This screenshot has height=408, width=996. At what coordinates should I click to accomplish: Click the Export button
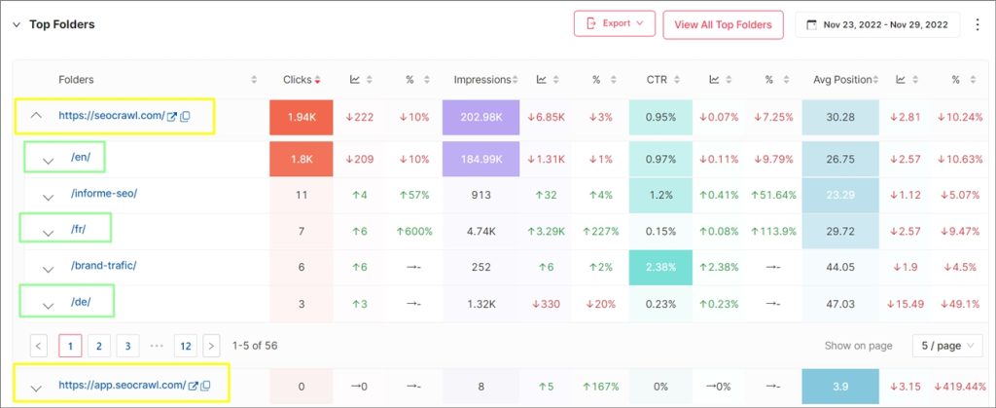(x=614, y=24)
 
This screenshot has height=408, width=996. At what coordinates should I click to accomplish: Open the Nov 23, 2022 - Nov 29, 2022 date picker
(x=876, y=24)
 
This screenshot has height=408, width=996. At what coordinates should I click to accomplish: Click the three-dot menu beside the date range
(x=978, y=24)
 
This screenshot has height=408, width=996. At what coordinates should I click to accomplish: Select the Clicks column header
(x=297, y=79)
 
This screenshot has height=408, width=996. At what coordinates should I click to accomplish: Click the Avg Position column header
(x=843, y=79)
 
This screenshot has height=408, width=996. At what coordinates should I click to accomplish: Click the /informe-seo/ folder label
(x=104, y=193)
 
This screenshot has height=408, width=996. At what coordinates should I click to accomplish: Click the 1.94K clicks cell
(x=301, y=117)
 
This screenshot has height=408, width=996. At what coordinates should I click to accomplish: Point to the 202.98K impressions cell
(x=481, y=117)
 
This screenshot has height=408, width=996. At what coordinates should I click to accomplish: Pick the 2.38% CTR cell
(x=661, y=267)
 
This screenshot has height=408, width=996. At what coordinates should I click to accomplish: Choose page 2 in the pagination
(x=98, y=346)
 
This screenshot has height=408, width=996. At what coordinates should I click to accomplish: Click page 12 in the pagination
(x=185, y=346)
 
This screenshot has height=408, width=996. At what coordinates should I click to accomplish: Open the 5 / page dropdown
(x=946, y=346)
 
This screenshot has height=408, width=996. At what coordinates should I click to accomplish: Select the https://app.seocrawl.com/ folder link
(x=122, y=385)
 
